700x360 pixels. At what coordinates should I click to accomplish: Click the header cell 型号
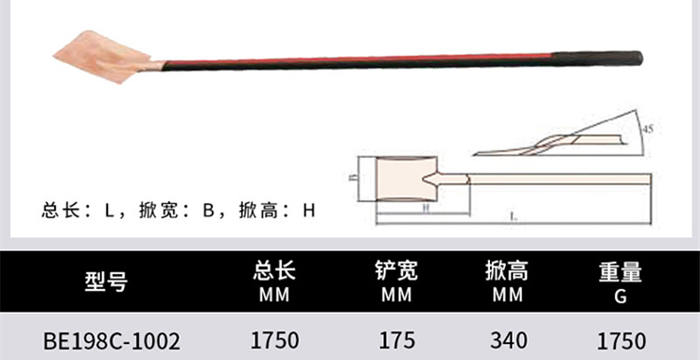[x=105, y=282]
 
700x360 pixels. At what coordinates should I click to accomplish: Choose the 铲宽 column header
[x=396, y=271]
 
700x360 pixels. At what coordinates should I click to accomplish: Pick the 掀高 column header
[x=508, y=271]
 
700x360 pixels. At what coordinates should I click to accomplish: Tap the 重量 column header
[x=620, y=271]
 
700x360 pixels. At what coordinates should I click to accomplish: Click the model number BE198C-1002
[x=112, y=340]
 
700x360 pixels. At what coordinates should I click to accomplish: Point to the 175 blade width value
[x=396, y=340]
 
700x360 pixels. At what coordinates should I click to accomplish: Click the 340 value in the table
[x=508, y=340]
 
